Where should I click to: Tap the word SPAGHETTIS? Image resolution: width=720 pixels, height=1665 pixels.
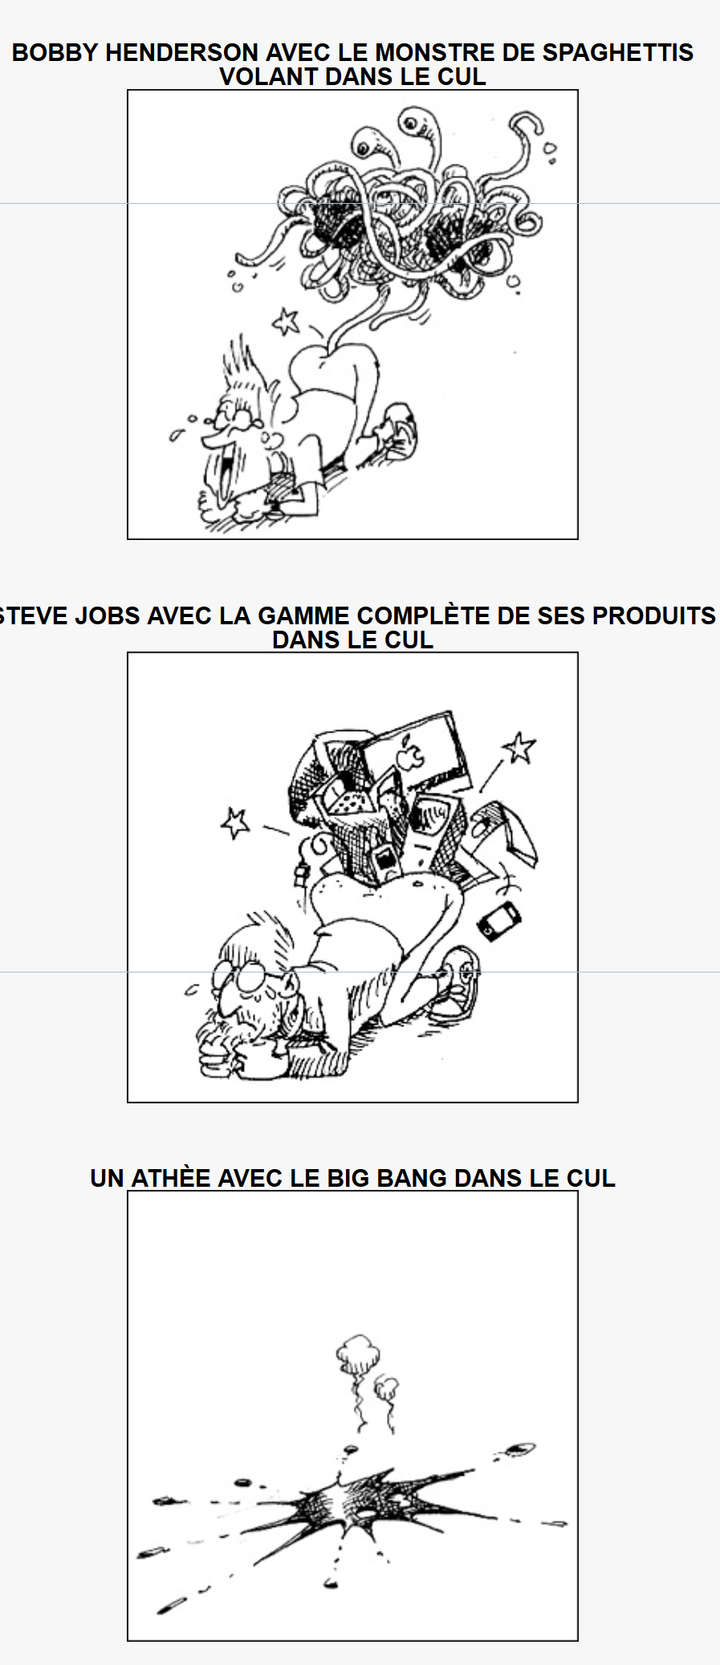[x=618, y=53]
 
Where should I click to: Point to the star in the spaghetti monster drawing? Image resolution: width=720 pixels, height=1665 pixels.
[x=285, y=322]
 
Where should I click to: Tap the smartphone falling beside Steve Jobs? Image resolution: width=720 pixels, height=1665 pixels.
[x=498, y=920]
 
